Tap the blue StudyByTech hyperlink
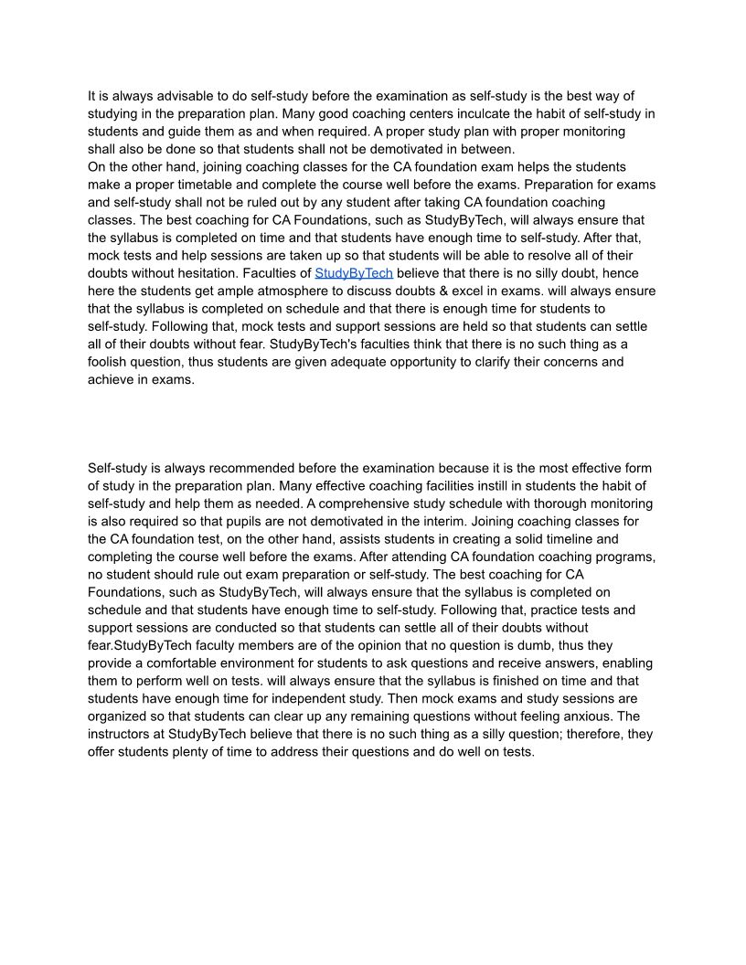[x=354, y=273]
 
